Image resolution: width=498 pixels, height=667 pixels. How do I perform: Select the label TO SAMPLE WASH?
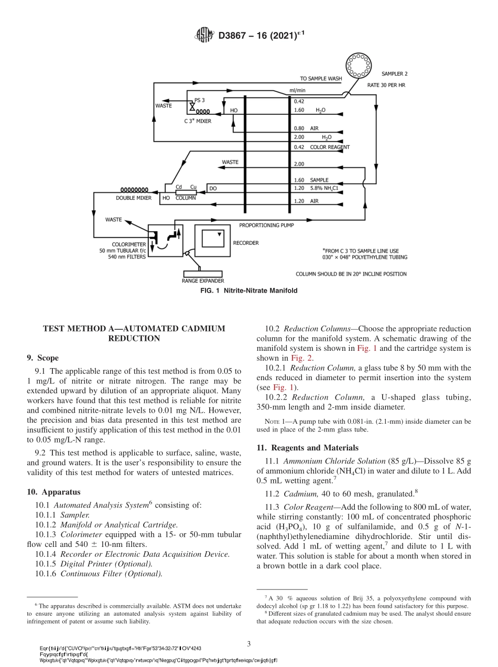tap(321, 79)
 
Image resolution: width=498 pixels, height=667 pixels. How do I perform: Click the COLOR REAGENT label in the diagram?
tap(329, 147)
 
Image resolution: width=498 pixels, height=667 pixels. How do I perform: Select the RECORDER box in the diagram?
tap(213, 239)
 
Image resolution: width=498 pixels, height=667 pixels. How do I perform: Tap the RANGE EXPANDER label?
tap(203, 281)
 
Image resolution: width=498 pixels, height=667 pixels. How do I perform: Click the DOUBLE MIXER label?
tap(134, 198)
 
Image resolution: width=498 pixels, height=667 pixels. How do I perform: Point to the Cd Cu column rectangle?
tap(186, 192)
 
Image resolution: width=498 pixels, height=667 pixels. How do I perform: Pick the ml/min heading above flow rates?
tap(297, 90)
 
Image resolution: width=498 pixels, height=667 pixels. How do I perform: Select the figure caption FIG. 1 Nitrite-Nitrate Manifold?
tap(249, 291)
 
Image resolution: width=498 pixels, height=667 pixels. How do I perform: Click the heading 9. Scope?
tap(42, 358)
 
